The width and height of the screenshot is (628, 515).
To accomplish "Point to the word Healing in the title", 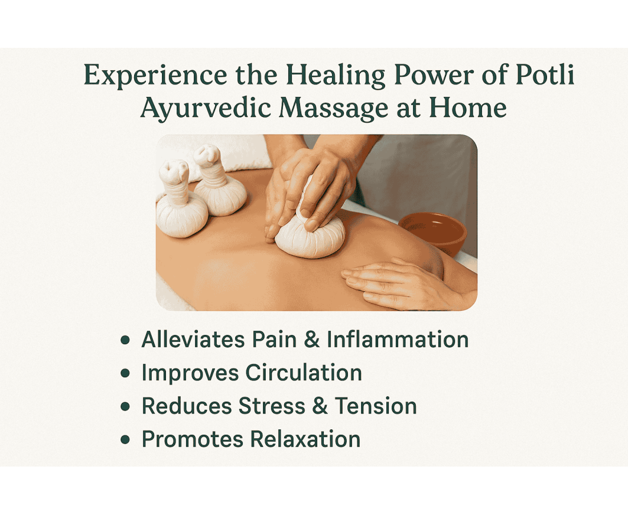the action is click(x=335, y=75).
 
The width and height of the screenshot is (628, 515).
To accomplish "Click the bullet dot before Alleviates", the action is click(x=125, y=340).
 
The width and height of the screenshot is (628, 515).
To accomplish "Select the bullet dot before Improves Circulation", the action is click(x=125, y=373).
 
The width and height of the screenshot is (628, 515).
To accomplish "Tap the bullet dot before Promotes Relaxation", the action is click(x=125, y=439).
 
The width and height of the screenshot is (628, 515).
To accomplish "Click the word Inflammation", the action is click(x=398, y=339).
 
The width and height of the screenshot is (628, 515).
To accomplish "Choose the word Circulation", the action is click(x=304, y=373).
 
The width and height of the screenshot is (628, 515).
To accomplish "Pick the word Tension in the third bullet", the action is click(x=376, y=406).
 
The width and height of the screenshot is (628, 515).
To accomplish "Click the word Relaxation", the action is click(x=305, y=439).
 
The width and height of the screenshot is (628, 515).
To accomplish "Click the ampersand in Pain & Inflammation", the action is click(x=312, y=339).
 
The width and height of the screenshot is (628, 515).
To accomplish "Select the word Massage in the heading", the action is click(x=333, y=108).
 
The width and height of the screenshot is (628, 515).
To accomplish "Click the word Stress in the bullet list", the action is click(x=272, y=406).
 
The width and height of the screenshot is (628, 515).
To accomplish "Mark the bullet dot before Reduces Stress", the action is click(x=125, y=406).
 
